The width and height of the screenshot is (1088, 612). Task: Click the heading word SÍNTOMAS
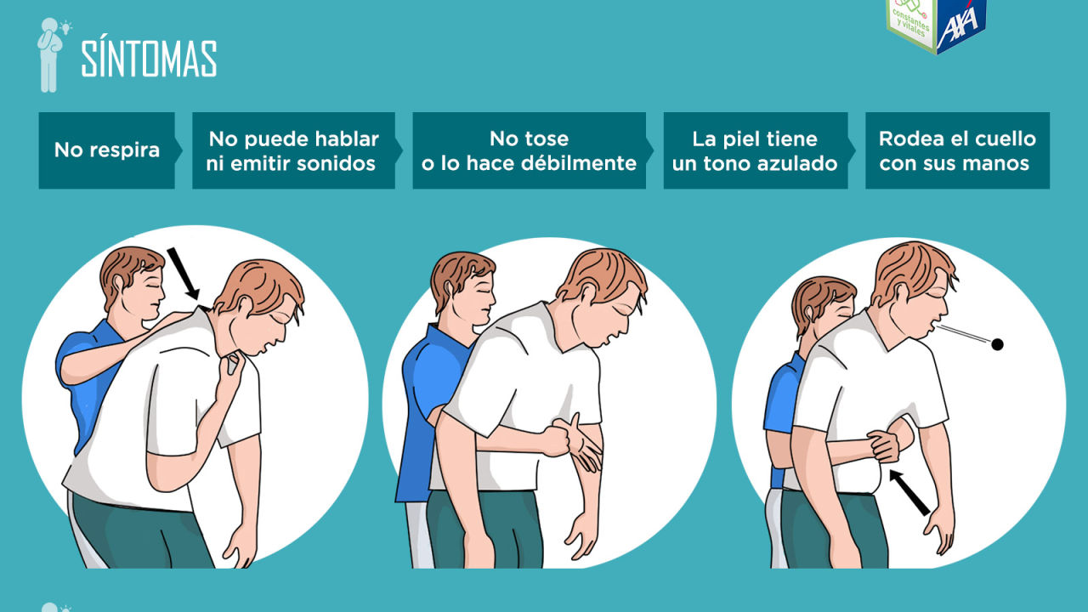149,59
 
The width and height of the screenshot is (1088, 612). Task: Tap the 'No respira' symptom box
106,150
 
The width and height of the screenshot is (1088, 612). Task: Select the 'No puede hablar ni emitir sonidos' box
293,150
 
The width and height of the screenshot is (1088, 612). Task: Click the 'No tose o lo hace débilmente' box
529,150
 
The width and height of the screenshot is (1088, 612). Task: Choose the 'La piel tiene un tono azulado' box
755,150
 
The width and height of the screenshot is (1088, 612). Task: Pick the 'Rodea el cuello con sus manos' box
957,150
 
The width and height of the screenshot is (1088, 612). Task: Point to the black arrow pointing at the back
185,275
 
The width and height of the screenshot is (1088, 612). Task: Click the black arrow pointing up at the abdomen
910,493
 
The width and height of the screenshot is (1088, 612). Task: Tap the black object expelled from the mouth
997,344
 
